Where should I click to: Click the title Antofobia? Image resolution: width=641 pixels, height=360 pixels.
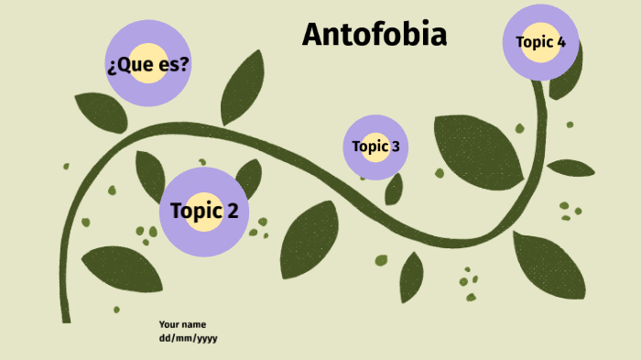[x=375, y=35]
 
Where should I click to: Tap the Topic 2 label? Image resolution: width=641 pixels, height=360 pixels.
[x=204, y=211]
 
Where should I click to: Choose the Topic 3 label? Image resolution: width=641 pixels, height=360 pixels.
[x=375, y=146]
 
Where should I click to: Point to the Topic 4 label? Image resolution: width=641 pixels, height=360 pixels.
[x=540, y=41]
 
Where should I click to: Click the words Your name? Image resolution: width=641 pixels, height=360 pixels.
[x=182, y=324]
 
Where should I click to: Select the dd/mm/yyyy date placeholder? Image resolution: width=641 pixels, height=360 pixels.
[x=188, y=337]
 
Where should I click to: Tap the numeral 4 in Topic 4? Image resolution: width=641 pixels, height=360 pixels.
[x=560, y=41]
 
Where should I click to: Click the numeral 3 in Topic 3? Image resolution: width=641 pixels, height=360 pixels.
[x=395, y=146]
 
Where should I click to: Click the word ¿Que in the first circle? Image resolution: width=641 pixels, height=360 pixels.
[x=128, y=65]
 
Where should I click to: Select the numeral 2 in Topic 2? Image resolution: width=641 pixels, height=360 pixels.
[x=232, y=211]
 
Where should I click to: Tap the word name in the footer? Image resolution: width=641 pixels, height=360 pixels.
[x=194, y=324]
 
